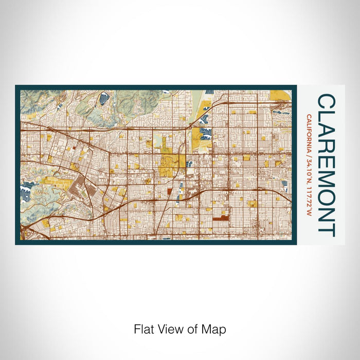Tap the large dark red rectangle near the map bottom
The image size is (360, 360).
[x=220, y=218]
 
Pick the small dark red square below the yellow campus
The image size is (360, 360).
[x=169, y=191]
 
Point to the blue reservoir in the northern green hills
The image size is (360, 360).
[x=105, y=97]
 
